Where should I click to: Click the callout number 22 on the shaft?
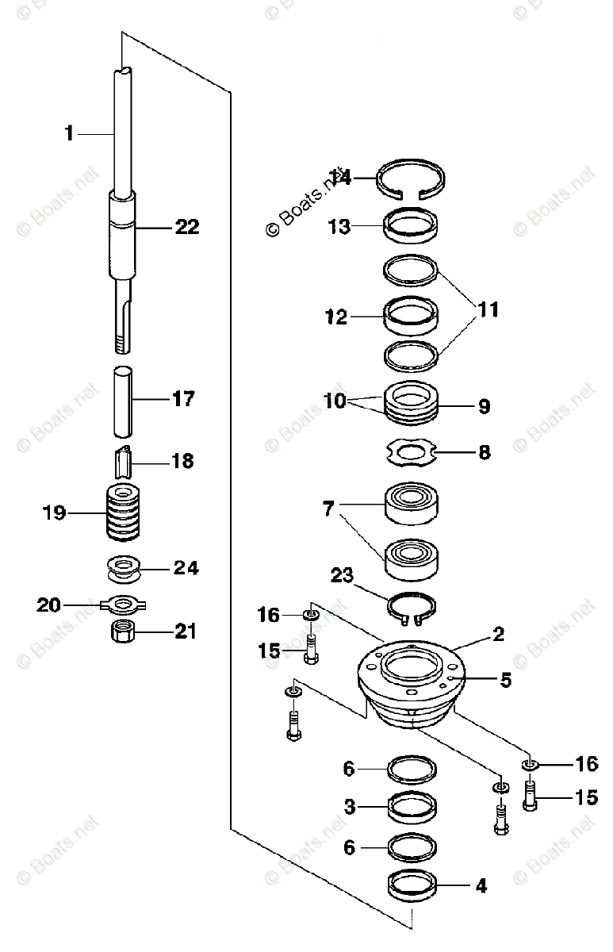pos(186,227)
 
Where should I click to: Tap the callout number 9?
pos(484,407)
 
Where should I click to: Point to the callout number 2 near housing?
pos(498,634)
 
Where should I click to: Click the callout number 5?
pos(504,680)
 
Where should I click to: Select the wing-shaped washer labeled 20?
pos(121,605)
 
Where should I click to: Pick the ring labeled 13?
pos(411,225)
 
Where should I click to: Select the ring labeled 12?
pos(411,318)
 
